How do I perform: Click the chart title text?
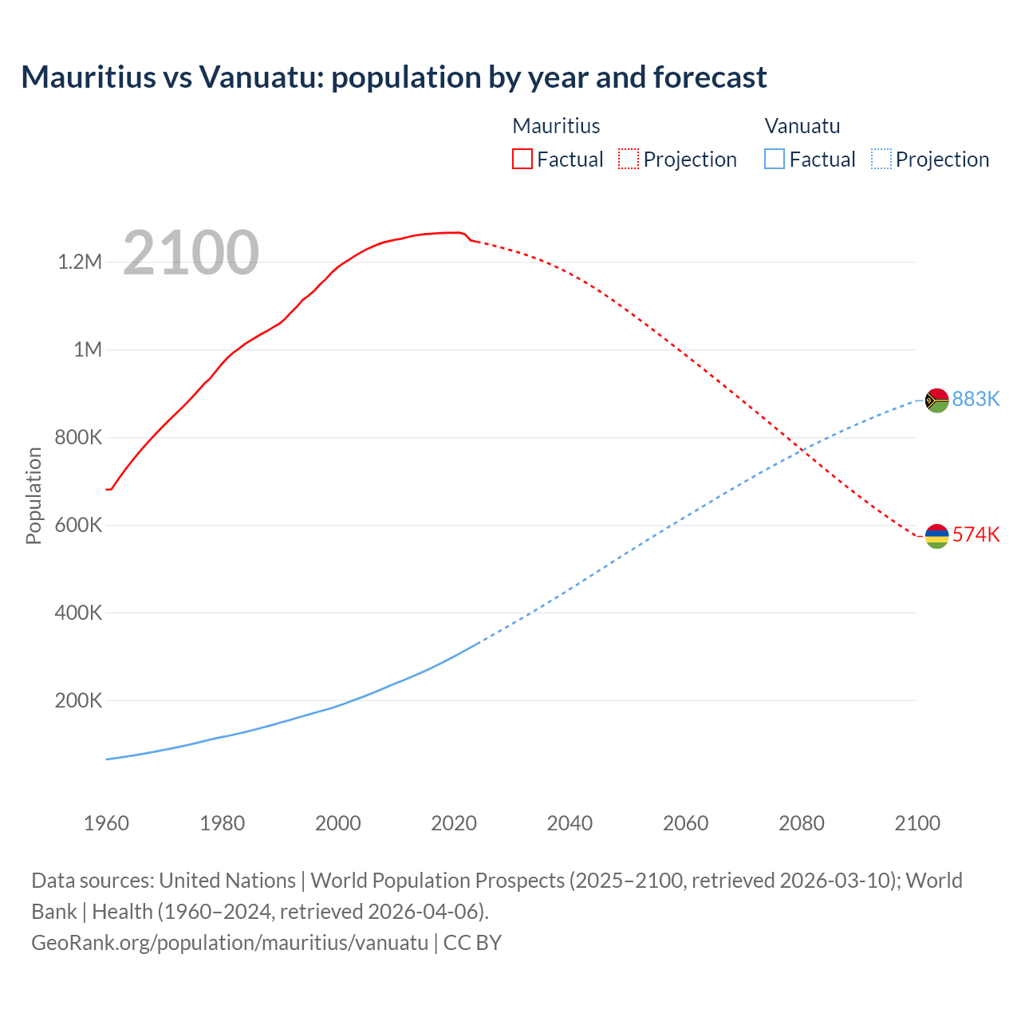[394, 77]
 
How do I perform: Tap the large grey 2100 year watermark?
[191, 253]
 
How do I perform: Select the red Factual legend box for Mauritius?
[522, 159]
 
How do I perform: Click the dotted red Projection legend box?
[629, 159]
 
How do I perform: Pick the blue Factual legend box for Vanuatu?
[775, 159]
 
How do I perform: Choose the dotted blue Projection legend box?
[881, 159]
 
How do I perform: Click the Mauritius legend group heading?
[556, 126]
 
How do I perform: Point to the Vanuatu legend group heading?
[802, 126]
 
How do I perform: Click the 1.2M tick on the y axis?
[80, 262]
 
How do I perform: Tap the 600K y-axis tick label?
[78, 525]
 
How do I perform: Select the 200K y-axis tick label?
[78, 700]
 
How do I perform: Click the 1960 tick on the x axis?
[106, 823]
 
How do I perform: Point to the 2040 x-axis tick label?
[570, 823]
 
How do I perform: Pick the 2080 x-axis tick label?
[802, 823]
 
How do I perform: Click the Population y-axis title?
[34, 495]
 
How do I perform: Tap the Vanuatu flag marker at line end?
[936, 400]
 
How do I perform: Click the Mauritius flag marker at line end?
[936, 536]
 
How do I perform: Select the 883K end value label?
[976, 399]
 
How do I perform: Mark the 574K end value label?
[976, 534]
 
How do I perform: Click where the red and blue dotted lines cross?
[800, 452]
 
